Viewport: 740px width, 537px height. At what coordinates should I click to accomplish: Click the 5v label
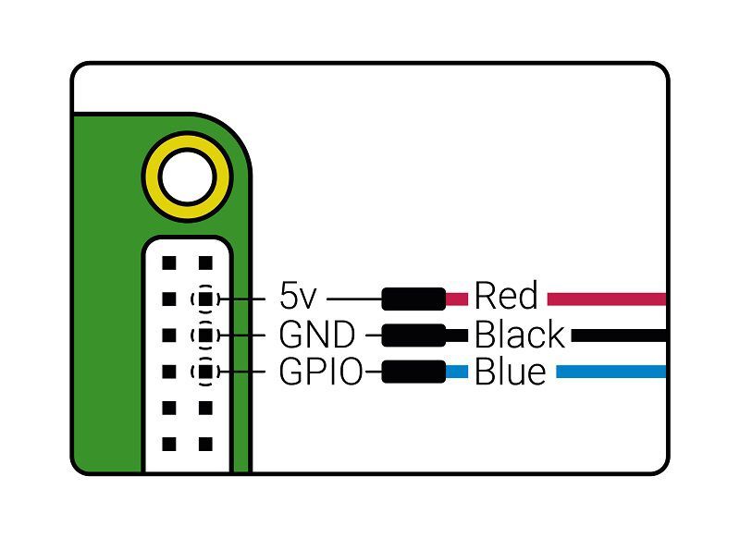point(298,298)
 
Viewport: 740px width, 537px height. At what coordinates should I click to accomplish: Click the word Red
point(505,298)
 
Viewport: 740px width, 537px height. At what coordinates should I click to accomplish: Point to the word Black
point(519,335)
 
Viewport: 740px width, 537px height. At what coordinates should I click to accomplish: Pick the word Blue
point(510,372)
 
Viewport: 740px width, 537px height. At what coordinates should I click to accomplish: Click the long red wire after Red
point(606,299)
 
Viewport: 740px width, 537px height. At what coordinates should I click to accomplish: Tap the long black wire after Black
point(618,336)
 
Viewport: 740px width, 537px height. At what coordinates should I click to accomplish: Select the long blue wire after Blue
point(610,372)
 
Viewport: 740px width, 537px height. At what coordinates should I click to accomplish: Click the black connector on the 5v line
point(413,299)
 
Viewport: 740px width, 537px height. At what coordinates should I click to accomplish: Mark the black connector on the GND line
point(413,335)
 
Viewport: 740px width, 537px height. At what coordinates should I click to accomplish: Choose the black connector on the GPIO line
point(413,372)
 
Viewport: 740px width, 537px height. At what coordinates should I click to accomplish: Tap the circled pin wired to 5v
point(204,299)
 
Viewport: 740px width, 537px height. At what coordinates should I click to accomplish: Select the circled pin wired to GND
point(204,335)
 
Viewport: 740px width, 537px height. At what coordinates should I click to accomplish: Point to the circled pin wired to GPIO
point(204,372)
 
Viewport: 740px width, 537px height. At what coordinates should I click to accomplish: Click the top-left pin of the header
point(168,262)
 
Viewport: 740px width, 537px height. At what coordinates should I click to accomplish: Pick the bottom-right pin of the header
point(204,445)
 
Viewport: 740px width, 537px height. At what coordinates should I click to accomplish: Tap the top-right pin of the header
point(204,262)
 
